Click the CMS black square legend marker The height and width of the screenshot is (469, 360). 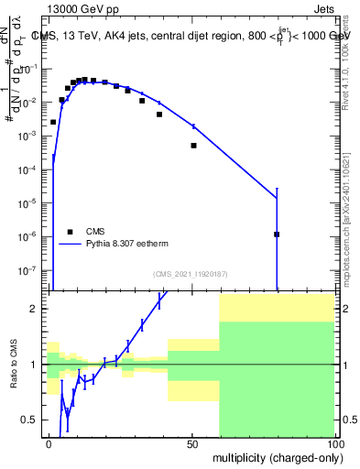(71, 233)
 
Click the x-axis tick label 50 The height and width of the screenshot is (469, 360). (192, 442)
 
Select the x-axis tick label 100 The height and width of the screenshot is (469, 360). (333, 442)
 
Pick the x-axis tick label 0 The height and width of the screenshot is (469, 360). (49, 442)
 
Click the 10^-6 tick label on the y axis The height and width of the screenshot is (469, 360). (32, 236)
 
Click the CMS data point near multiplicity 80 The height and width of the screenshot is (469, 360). (277, 234)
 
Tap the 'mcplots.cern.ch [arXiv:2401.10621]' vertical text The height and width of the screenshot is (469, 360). (349, 211)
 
